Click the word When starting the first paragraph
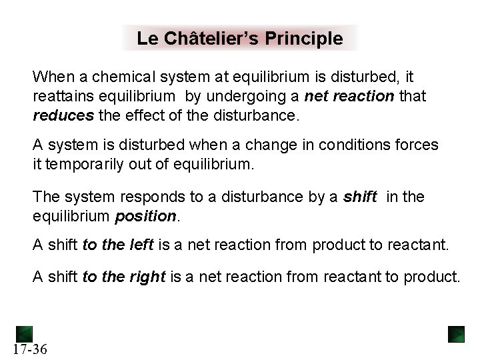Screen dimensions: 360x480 (50, 78)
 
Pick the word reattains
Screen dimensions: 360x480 (61, 97)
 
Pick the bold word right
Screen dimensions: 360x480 (147, 277)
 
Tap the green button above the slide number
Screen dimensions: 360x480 (25, 332)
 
